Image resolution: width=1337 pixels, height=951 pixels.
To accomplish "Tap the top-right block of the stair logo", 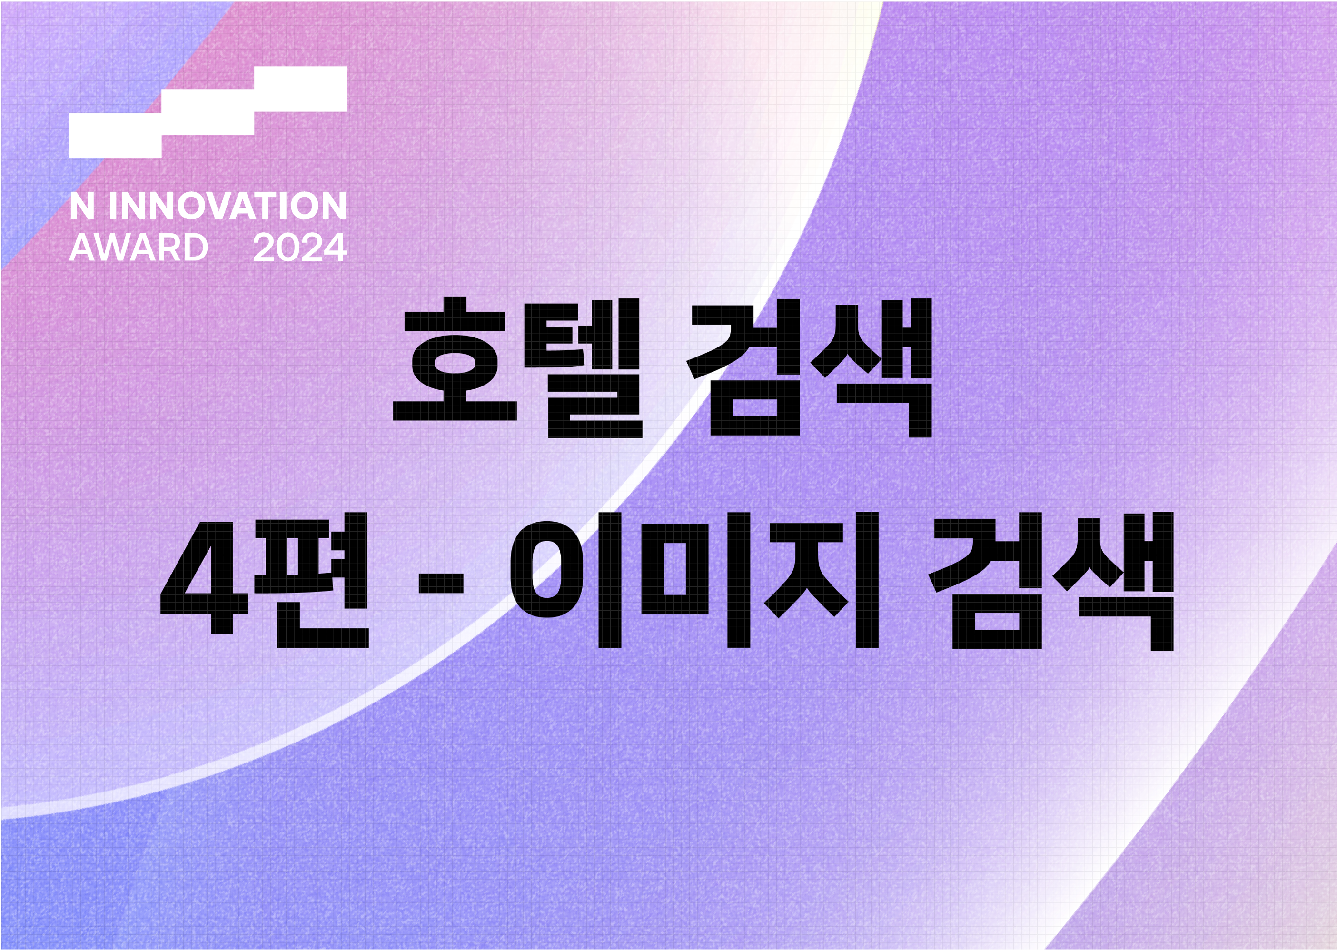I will [x=300, y=89].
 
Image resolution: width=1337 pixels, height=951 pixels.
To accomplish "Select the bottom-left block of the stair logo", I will [x=115, y=136].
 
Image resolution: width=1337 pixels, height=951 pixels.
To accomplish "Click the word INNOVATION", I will [x=227, y=206].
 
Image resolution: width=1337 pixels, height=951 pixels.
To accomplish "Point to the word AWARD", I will [x=139, y=248].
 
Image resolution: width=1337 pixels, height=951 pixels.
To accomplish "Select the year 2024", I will [x=300, y=248].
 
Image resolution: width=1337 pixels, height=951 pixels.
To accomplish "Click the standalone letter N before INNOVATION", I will [x=82, y=206].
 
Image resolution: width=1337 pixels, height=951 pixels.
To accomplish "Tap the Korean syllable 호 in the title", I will [x=455, y=360].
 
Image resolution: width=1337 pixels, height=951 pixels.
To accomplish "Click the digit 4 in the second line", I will [x=204, y=577].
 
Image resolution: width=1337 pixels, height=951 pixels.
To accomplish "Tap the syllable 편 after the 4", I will [x=313, y=580].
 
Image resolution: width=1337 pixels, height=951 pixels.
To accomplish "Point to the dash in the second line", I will [x=441, y=583].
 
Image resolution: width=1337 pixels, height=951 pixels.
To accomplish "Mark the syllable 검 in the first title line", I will [x=744, y=368].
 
